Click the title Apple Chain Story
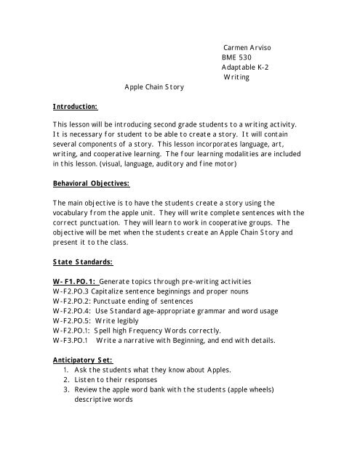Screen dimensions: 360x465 pyautogui.click(x=155, y=86)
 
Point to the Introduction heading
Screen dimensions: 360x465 pyautogui.click(x=76, y=106)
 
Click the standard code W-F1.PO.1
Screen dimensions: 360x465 pyautogui.click(x=74, y=279)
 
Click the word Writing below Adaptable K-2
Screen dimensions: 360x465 pyautogui.click(x=236, y=76)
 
